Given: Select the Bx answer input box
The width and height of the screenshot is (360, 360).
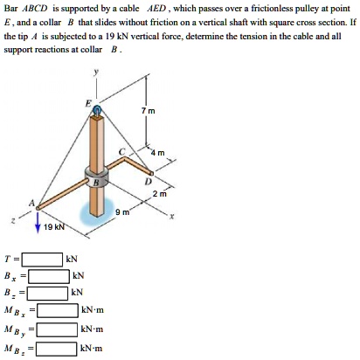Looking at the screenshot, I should coord(49,275).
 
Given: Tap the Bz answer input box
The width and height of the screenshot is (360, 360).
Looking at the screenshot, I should coord(49,292).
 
